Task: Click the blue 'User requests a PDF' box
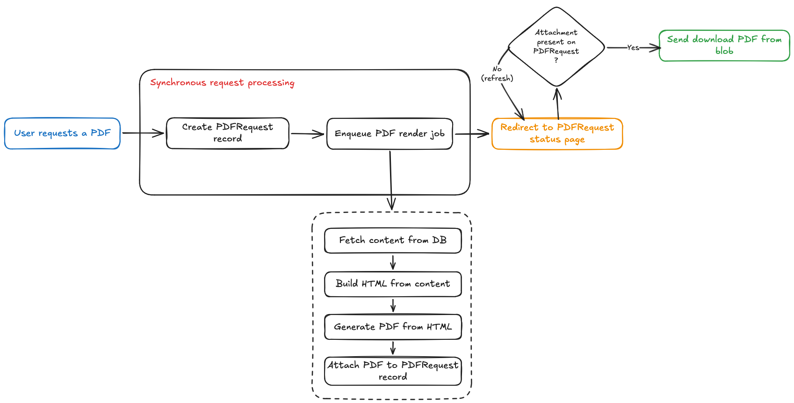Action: coord(62,133)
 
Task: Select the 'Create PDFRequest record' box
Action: coord(227,133)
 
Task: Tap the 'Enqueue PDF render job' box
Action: coord(390,134)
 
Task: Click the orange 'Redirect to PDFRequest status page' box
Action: coord(557,134)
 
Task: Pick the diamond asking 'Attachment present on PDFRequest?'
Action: coord(556,46)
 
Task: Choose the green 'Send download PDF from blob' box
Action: coord(724,45)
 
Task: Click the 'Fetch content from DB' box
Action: coord(392,241)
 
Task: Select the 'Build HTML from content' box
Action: coord(392,284)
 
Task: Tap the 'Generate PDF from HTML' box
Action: coord(392,327)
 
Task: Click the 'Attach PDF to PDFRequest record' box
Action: coord(392,371)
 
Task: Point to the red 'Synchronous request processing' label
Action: coord(222,83)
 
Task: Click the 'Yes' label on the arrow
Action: coord(633,48)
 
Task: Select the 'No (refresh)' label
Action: coord(497,74)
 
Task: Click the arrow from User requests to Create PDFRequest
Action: coord(143,133)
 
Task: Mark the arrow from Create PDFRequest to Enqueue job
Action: coord(307,134)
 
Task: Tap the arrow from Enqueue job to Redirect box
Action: coord(472,134)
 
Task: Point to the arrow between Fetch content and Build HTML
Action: coord(393,262)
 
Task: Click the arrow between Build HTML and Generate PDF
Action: coord(393,306)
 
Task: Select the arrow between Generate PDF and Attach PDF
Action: coord(393,348)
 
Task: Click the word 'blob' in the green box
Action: coord(724,51)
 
